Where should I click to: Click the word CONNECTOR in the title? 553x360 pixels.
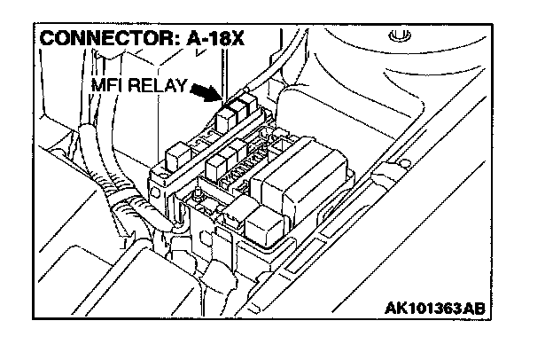click(x=93, y=40)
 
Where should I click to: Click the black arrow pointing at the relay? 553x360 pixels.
click(x=203, y=94)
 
